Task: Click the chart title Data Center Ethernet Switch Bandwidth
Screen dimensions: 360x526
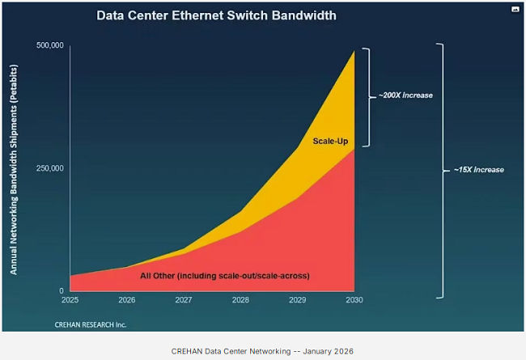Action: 216,15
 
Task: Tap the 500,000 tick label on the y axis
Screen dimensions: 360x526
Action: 50,46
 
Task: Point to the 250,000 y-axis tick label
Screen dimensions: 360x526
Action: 50,168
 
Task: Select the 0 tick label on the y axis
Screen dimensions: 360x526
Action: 61,290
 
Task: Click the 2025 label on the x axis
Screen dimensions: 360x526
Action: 70,300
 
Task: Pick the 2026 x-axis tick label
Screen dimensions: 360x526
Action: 126,300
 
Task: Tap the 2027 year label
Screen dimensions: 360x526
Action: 183,300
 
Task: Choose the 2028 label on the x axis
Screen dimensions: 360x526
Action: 240,300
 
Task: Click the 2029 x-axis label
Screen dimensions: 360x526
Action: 297,300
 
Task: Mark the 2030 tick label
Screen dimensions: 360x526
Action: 354,300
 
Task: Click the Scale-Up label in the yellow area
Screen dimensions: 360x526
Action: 330,142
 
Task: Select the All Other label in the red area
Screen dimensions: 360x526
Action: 225,277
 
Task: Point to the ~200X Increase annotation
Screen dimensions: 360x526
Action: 405,95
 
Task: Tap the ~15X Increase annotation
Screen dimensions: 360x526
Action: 477,170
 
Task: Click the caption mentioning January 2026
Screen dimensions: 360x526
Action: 262,350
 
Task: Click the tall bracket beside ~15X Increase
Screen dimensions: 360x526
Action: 441,170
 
